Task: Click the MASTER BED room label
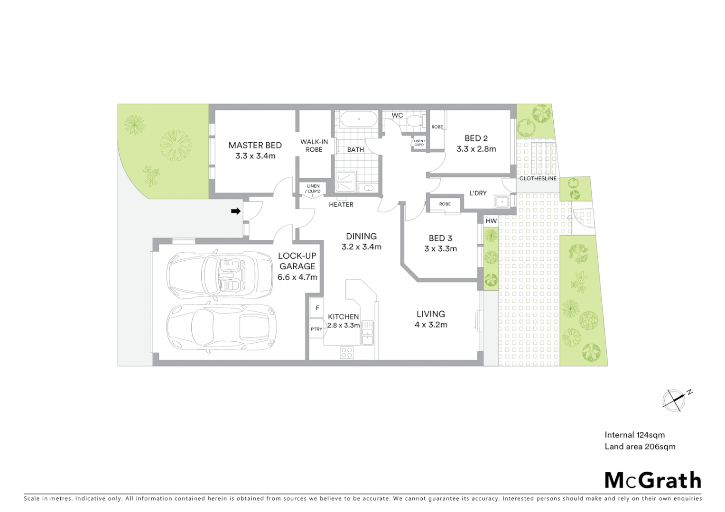coord(255,146)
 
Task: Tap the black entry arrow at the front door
coord(235,211)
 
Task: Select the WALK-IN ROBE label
coord(314,146)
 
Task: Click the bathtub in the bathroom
coord(358,119)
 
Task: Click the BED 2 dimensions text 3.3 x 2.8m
coord(476,149)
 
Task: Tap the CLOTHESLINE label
coord(538,179)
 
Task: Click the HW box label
coord(491,221)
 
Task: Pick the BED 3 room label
coord(440,238)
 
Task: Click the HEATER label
coord(341,205)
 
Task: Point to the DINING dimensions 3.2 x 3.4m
coord(361,247)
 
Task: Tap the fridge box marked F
coord(316,308)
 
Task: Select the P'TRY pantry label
coord(316,329)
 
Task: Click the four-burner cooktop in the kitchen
coord(347,352)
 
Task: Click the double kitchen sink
coord(367,332)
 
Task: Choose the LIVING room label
coord(430,314)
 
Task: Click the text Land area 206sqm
coord(640,446)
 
